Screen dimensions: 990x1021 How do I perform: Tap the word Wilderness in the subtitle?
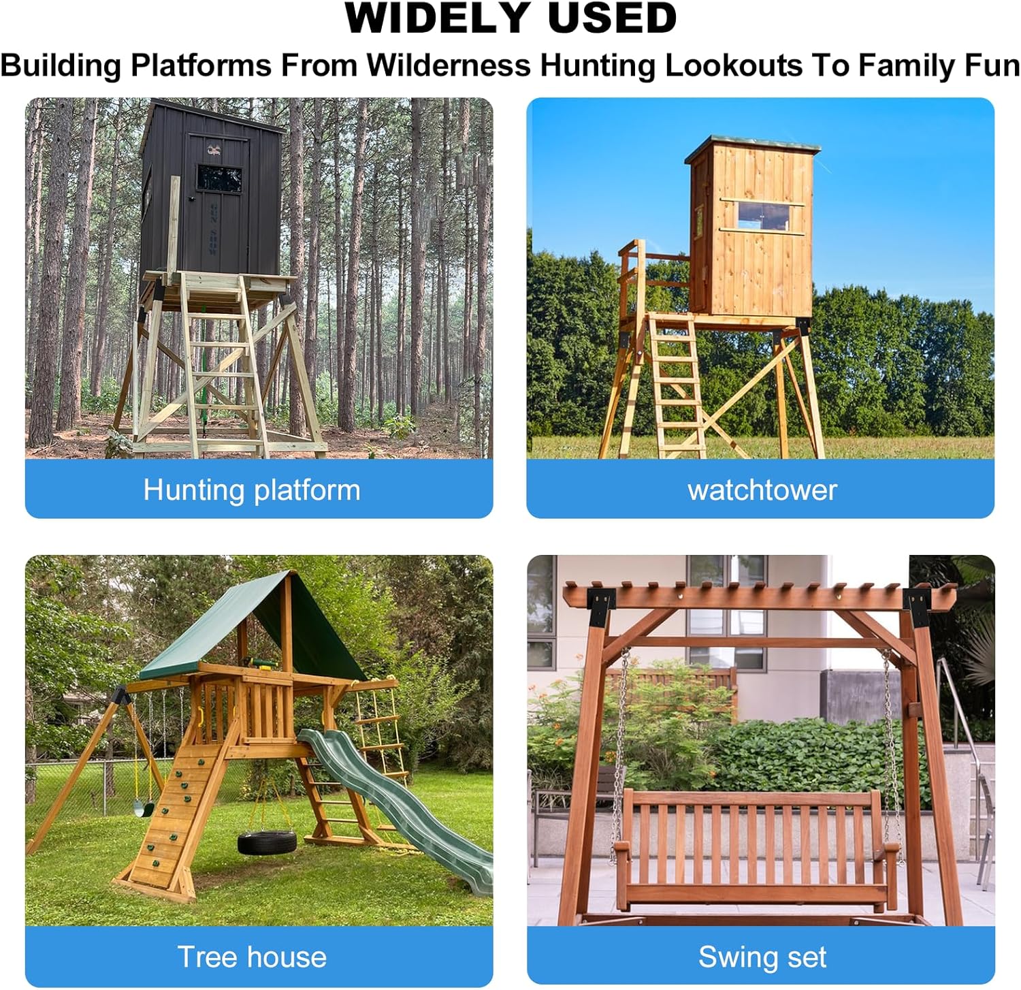tap(449, 66)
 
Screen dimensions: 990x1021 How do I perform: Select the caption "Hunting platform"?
tap(252, 490)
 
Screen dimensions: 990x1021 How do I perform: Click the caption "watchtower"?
tap(762, 490)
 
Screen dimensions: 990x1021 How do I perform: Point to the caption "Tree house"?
tap(252, 957)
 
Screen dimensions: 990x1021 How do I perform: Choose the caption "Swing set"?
tap(762, 957)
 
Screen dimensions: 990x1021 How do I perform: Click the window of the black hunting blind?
tap(220, 177)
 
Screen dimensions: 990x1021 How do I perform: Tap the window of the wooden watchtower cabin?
tap(761, 214)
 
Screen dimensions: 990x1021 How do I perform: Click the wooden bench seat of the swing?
tap(756, 844)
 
